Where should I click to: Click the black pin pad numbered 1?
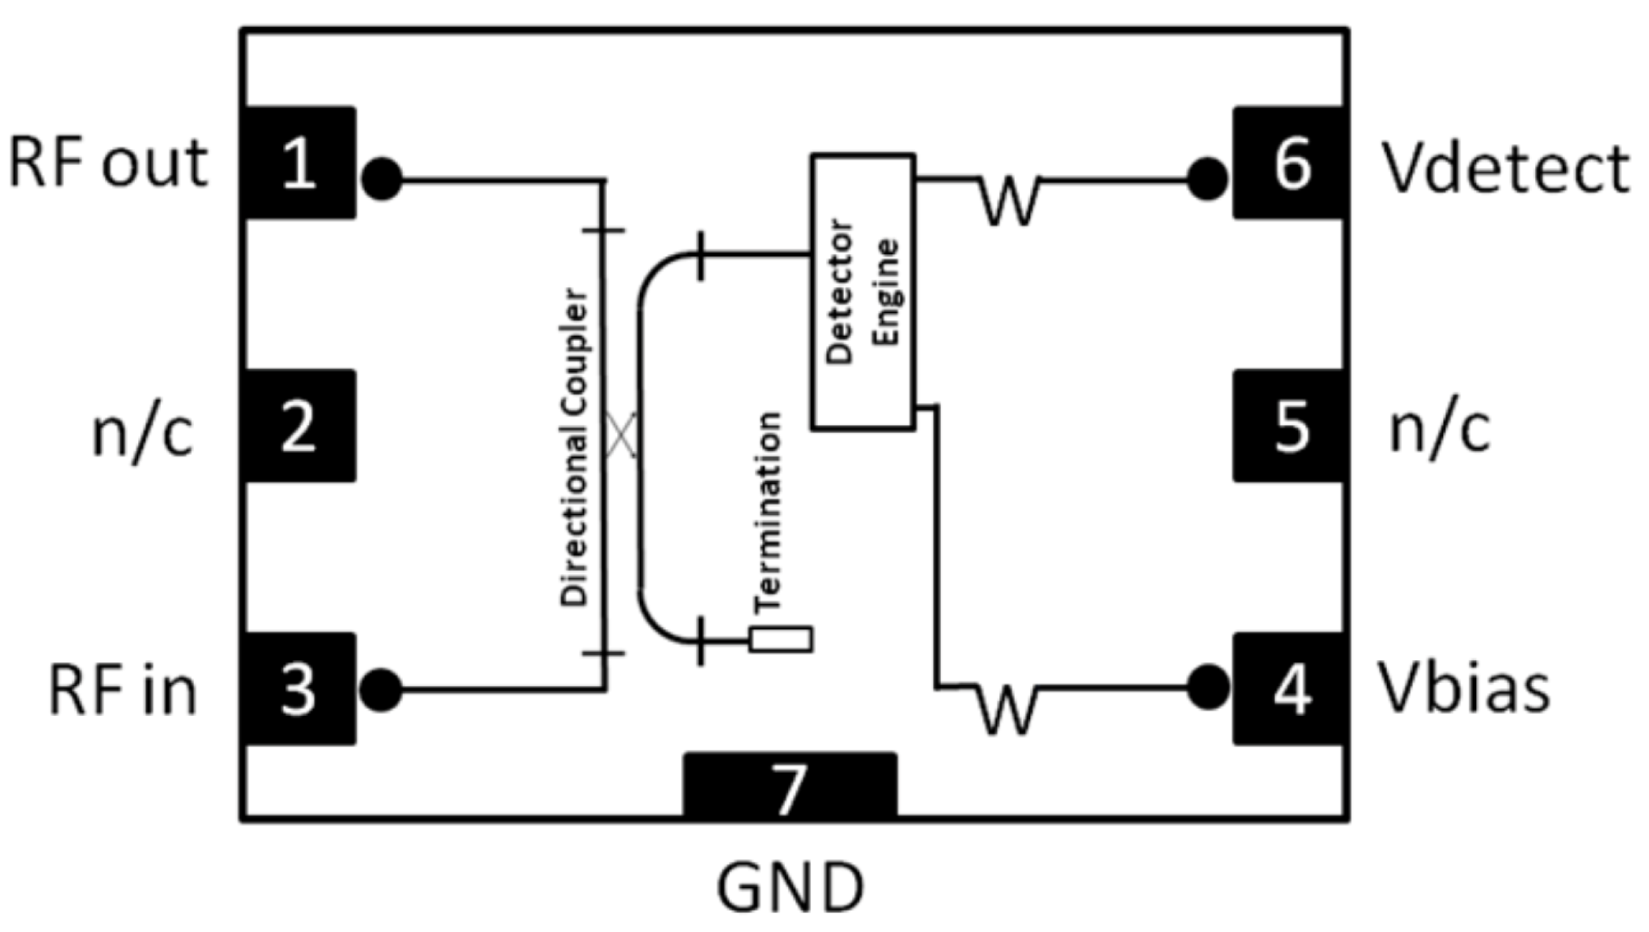(x=299, y=162)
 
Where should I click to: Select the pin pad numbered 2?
(x=299, y=426)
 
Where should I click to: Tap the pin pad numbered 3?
(x=299, y=688)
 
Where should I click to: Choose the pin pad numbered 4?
(x=1289, y=688)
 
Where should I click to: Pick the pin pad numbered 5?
(x=1289, y=426)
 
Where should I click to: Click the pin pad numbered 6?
(x=1289, y=162)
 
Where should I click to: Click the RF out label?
(x=108, y=164)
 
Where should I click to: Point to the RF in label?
(x=123, y=691)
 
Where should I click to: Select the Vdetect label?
(x=1506, y=168)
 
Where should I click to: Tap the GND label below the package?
(x=789, y=888)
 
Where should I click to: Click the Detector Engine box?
(x=863, y=292)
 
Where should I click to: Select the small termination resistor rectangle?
(x=781, y=639)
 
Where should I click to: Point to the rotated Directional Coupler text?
(x=575, y=448)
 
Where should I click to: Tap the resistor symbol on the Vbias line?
(x=1007, y=708)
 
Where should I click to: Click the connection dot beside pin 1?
(x=382, y=179)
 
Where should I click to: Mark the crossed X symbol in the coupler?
(x=620, y=435)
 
